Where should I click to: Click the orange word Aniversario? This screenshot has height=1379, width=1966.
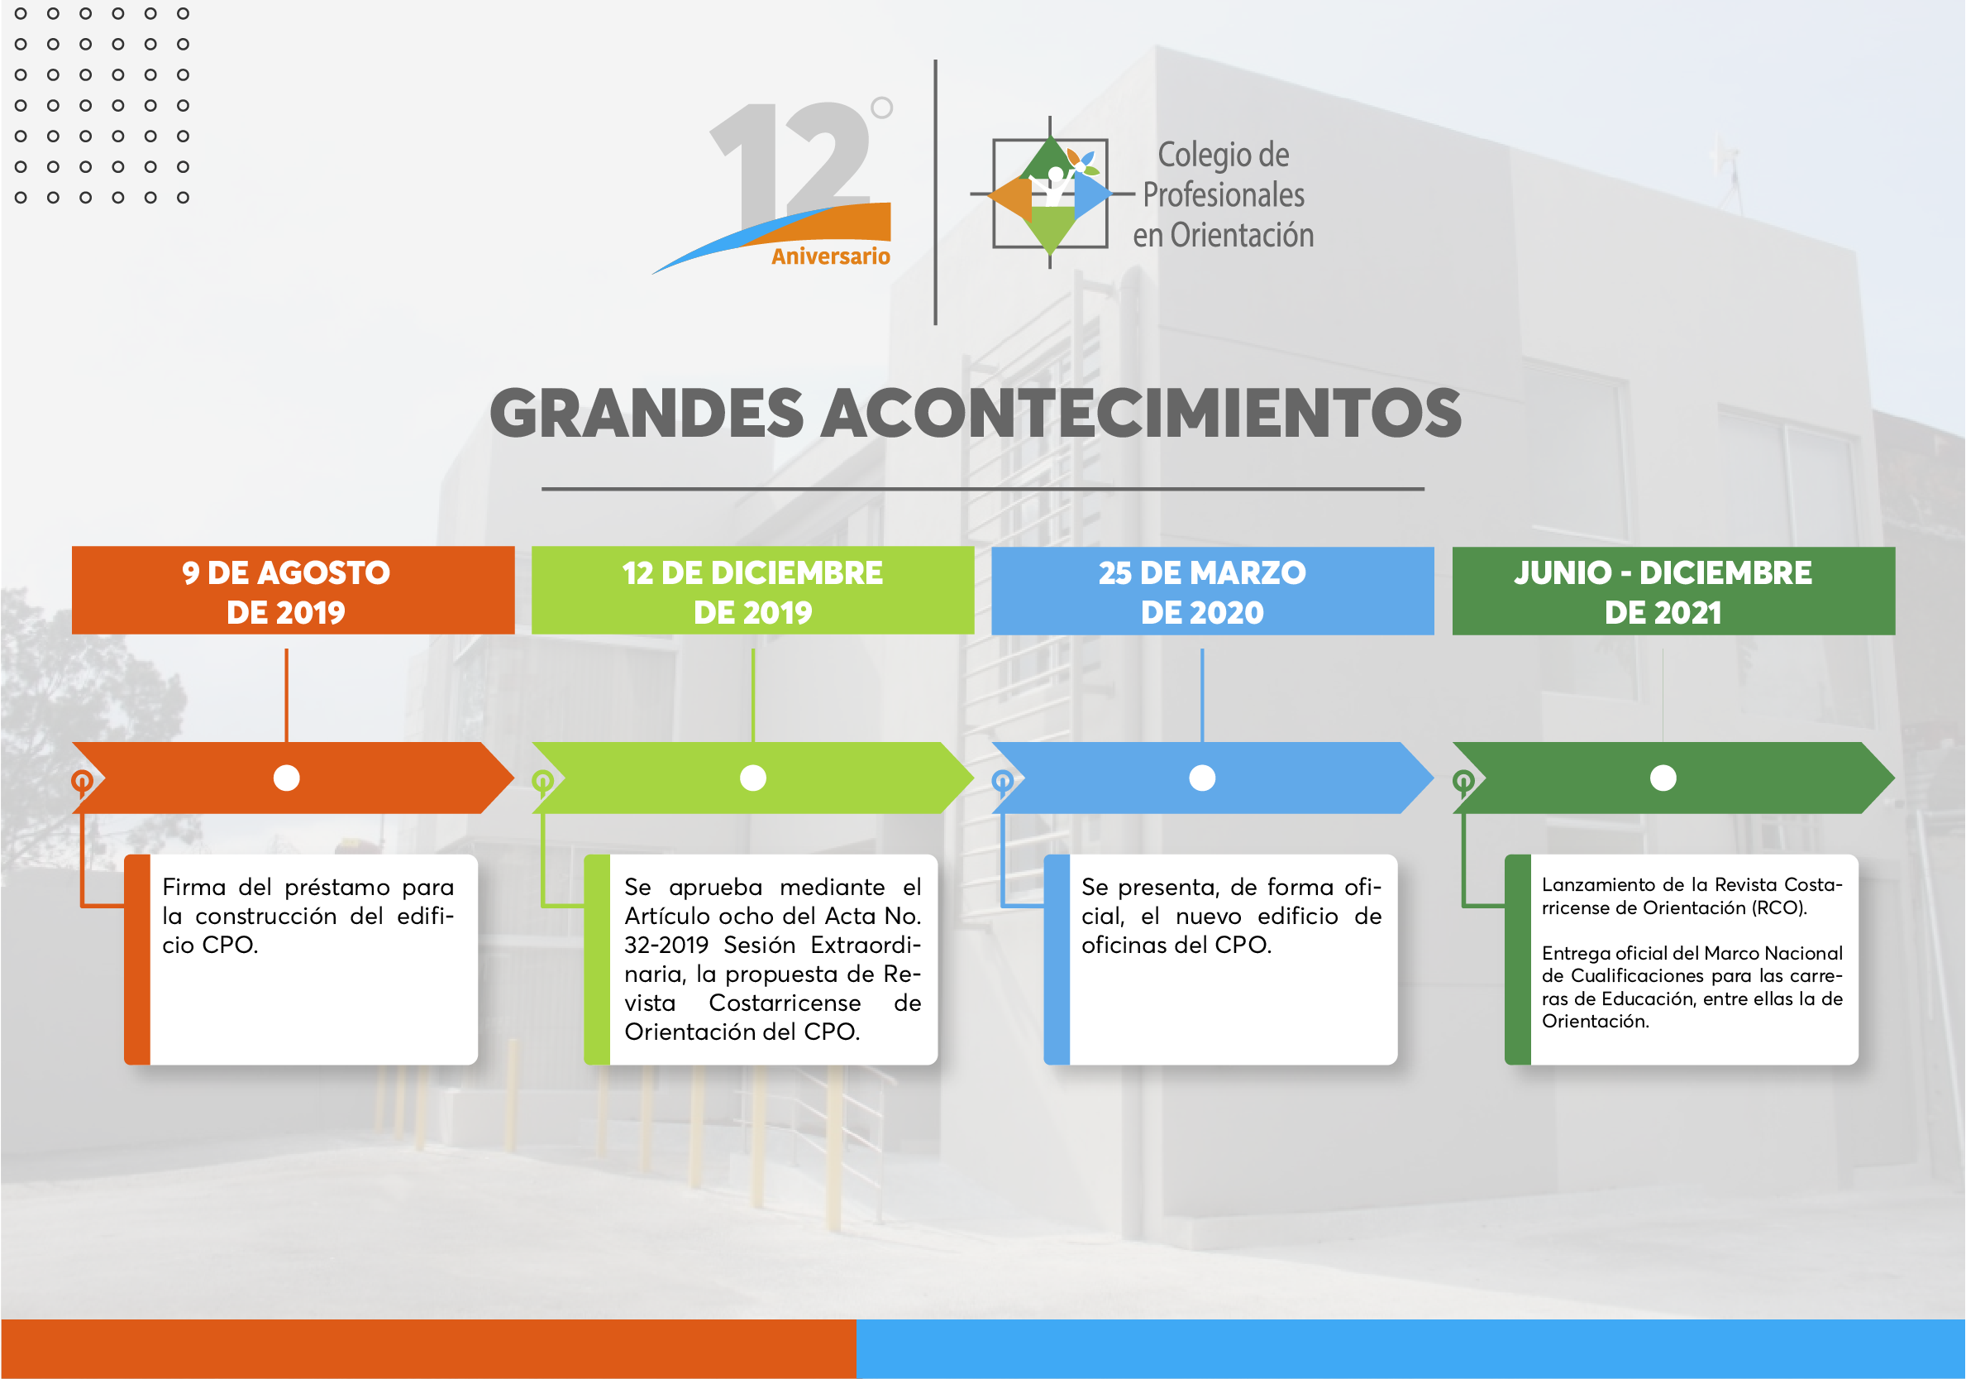point(831,256)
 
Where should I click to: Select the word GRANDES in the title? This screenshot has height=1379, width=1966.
point(647,413)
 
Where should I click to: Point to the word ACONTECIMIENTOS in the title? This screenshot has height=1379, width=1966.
point(1142,413)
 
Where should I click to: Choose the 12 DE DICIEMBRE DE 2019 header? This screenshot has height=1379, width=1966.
point(752,591)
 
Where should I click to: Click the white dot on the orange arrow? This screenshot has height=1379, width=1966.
point(286,778)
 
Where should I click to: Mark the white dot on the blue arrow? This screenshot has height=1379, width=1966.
point(1202,778)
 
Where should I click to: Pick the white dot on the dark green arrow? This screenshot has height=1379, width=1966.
point(1663,778)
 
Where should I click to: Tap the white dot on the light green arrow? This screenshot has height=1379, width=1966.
point(752,778)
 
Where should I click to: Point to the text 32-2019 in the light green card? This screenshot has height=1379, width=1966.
point(666,945)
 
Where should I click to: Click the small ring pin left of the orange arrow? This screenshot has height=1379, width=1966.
point(81,780)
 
